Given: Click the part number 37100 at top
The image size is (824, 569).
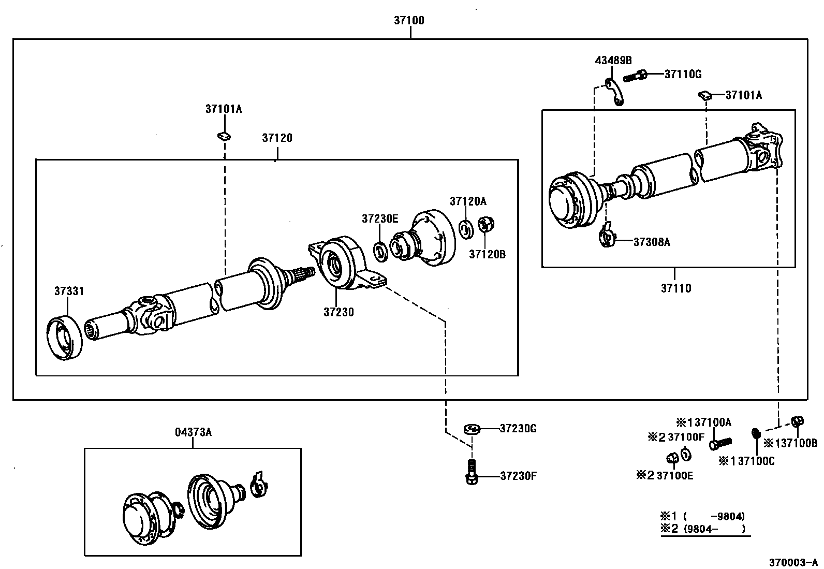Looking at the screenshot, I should (409, 21).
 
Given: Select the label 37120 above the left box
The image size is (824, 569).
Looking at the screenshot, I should (277, 138).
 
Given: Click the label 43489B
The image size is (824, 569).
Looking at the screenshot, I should (613, 60).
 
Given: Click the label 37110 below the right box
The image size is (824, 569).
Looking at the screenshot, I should (675, 288).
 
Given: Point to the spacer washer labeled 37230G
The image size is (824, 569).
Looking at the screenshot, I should (472, 429).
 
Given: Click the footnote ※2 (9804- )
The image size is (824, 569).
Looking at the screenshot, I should (703, 529).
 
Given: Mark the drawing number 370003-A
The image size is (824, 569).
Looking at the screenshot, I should (792, 562).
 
